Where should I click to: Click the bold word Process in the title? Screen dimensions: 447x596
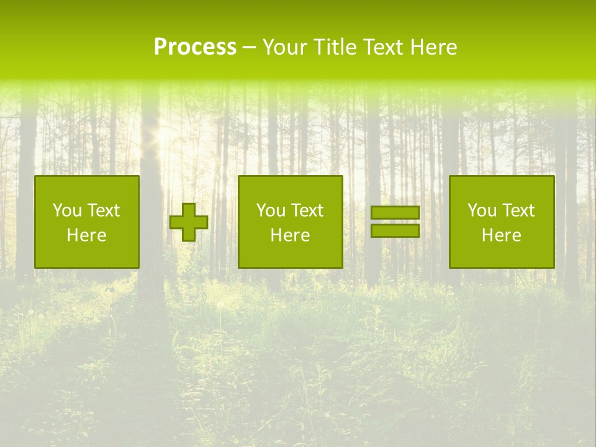point(195,47)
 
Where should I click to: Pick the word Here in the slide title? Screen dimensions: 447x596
point(433,47)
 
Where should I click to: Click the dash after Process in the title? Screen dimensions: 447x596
point(249,48)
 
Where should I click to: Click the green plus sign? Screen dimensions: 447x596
point(189,222)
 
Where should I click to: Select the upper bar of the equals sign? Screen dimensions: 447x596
point(395,213)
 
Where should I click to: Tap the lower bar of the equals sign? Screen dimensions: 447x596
point(395,231)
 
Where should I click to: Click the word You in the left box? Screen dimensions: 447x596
point(67,210)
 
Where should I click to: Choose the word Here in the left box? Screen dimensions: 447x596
point(86,235)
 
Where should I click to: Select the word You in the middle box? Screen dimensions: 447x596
point(271,210)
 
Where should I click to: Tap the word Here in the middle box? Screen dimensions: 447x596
point(290,235)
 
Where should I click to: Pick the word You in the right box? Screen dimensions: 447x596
point(482,210)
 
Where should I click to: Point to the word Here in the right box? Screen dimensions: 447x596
point(501,235)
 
